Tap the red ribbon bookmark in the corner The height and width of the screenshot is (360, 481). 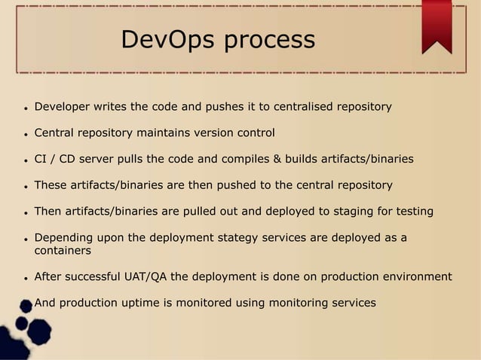[x=437, y=26]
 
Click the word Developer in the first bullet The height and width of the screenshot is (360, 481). [x=62, y=107]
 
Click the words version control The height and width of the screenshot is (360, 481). [x=235, y=133]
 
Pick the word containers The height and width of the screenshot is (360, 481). [x=63, y=250]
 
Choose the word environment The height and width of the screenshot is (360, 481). [x=415, y=276]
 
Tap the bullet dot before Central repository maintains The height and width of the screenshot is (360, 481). [x=25, y=135]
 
